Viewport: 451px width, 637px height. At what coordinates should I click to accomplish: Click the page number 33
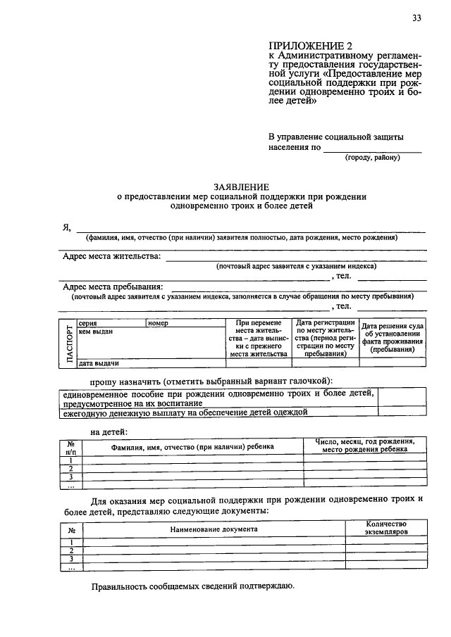pyautogui.click(x=417, y=18)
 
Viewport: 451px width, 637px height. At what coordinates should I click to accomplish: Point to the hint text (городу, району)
pyautogui.click(x=372, y=157)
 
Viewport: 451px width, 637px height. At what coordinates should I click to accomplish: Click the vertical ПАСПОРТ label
pyautogui.click(x=69, y=343)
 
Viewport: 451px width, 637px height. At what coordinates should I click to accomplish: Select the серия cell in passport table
pyautogui.click(x=110, y=322)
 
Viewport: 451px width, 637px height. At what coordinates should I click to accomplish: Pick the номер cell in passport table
pyautogui.click(x=185, y=322)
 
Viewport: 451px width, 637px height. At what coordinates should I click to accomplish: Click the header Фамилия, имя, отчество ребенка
pyautogui.click(x=192, y=446)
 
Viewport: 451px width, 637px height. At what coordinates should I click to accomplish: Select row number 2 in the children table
pyautogui.click(x=70, y=468)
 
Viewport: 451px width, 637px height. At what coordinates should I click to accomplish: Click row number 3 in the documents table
pyautogui.click(x=70, y=558)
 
